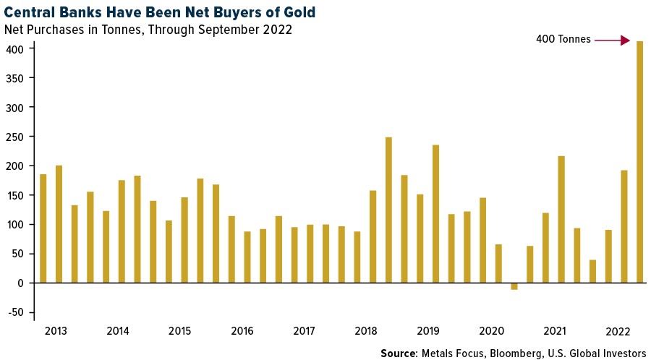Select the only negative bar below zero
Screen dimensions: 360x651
click(514, 286)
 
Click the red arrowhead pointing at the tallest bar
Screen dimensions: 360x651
click(626, 40)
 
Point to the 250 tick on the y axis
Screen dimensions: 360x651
click(20, 137)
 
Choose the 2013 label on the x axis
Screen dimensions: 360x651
click(56, 331)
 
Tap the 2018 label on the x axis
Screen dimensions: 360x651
click(367, 331)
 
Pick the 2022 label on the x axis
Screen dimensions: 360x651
click(616, 331)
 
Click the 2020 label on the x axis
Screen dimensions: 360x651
click(492, 331)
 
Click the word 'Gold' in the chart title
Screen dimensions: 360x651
click(299, 12)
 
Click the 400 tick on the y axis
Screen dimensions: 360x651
click(20, 49)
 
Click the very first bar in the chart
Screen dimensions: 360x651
click(43, 228)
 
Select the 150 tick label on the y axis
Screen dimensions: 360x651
click(20, 195)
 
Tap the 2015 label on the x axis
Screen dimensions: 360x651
click(180, 331)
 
